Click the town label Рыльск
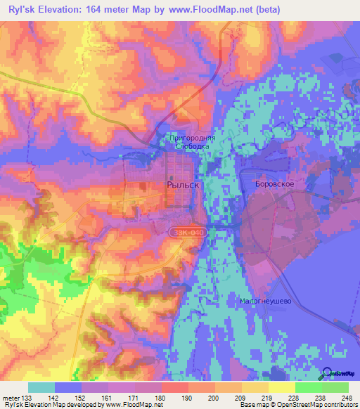click(184, 184)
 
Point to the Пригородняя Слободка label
click(192, 143)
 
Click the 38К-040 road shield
click(186, 231)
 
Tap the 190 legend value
click(187, 397)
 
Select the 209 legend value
click(241, 397)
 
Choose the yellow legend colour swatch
click(281, 387)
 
